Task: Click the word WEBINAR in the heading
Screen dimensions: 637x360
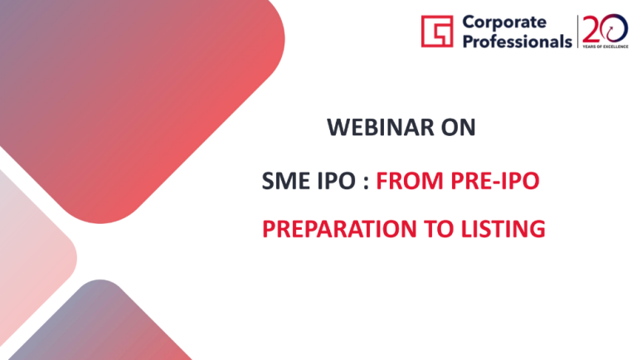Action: click(381, 127)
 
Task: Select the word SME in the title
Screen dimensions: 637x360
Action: click(286, 181)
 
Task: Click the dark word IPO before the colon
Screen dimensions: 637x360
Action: click(337, 181)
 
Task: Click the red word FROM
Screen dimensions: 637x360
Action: click(410, 181)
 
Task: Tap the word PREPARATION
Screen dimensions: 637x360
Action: click(339, 229)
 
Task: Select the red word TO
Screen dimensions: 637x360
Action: click(439, 229)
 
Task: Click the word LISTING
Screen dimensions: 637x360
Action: click(503, 229)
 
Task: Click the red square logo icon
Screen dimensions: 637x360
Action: click(437, 32)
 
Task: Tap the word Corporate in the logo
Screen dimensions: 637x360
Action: click(504, 22)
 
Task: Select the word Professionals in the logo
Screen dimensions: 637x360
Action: click(518, 41)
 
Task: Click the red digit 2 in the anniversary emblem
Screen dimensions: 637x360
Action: click(591, 29)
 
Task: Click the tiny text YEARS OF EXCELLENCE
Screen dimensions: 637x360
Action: click(605, 46)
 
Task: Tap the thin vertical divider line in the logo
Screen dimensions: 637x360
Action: click(577, 32)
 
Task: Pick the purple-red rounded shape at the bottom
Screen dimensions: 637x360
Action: click(100, 325)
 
